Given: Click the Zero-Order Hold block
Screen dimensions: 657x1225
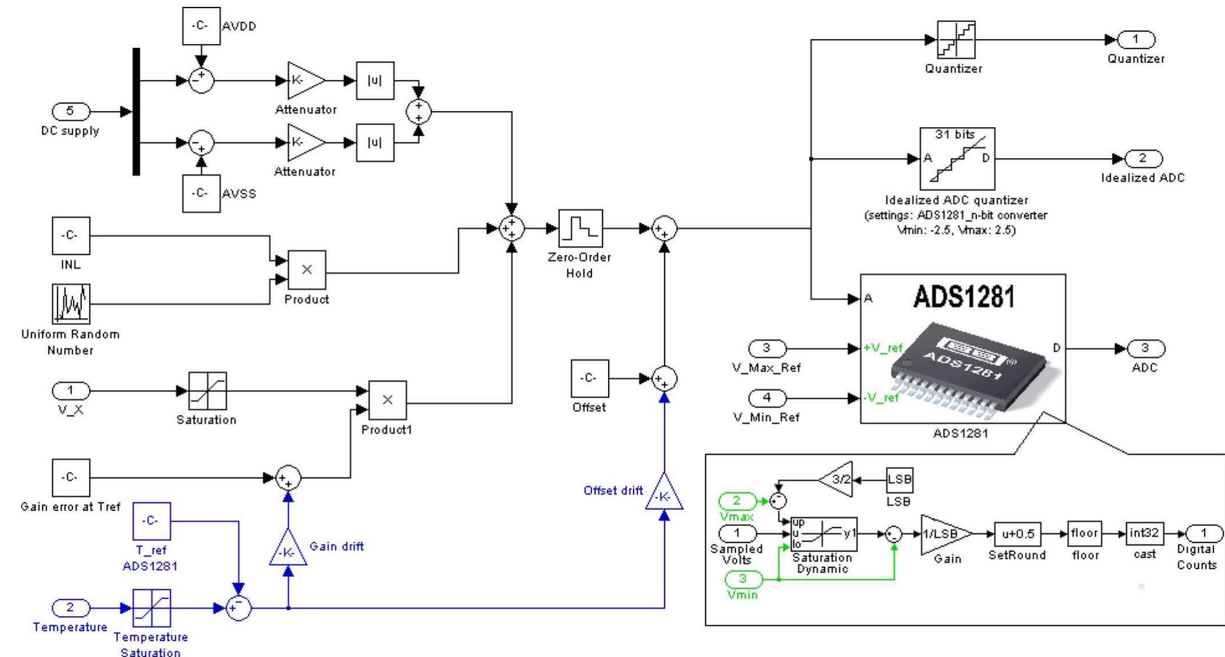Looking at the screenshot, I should point(580,228).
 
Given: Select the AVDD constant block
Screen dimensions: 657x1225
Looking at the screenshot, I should point(201,26).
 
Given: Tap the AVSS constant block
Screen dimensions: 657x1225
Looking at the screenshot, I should point(201,194).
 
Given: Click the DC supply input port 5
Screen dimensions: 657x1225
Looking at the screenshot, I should point(71,111).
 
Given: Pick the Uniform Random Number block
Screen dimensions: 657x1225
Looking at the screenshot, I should point(71,304).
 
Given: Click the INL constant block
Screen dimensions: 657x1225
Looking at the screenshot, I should point(71,235).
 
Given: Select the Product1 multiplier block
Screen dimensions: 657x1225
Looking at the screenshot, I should point(387,400).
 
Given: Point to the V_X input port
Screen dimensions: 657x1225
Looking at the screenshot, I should point(71,391).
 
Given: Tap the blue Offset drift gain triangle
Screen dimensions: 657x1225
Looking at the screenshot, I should point(664,494).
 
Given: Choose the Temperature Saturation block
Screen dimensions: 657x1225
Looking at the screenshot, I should point(151,608).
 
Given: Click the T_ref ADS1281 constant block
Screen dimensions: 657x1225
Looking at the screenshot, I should point(151,521).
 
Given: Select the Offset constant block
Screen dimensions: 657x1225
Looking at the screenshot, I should point(589,379).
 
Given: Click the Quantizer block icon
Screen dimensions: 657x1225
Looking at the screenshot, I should point(956,40).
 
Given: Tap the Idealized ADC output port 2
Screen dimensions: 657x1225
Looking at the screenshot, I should point(1143,158).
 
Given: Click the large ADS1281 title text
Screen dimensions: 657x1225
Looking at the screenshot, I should point(964,297).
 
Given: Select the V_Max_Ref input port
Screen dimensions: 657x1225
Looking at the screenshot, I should point(766,348).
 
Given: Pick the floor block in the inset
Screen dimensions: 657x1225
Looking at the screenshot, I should point(1084,534).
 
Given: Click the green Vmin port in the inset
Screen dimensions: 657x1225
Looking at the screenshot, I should point(742,579).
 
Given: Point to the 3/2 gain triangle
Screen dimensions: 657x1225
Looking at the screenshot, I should point(838,479).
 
